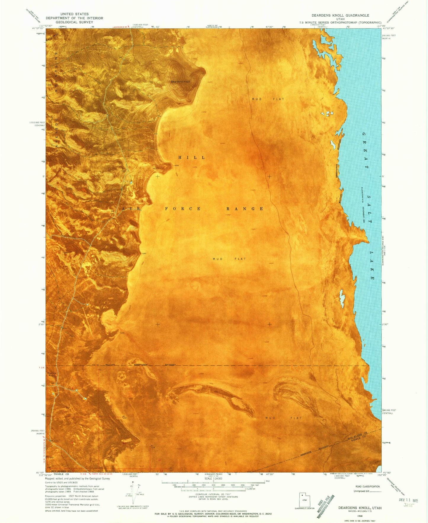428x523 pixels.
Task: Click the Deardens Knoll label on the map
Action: pyautogui.click(x=180, y=82)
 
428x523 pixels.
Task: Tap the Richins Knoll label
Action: pyautogui.click(x=52, y=374)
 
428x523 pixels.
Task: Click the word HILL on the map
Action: pyautogui.click(x=191, y=157)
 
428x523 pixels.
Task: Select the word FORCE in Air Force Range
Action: pyautogui.click(x=182, y=209)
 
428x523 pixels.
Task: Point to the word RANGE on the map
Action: pyautogui.click(x=245, y=209)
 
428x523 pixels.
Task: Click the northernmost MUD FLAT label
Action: pyautogui.click(x=268, y=99)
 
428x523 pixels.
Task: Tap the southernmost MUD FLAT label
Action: pyautogui.click(x=283, y=418)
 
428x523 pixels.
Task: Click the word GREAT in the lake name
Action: pyautogui.click(x=365, y=150)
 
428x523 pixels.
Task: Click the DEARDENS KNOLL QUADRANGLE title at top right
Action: pyautogui.click(x=340, y=15)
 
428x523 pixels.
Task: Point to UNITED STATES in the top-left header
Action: pyautogui.click(x=74, y=14)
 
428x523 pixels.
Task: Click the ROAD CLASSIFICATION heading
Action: pyautogui.click(x=367, y=487)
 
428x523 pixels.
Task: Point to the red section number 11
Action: pyautogui.click(x=160, y=460)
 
